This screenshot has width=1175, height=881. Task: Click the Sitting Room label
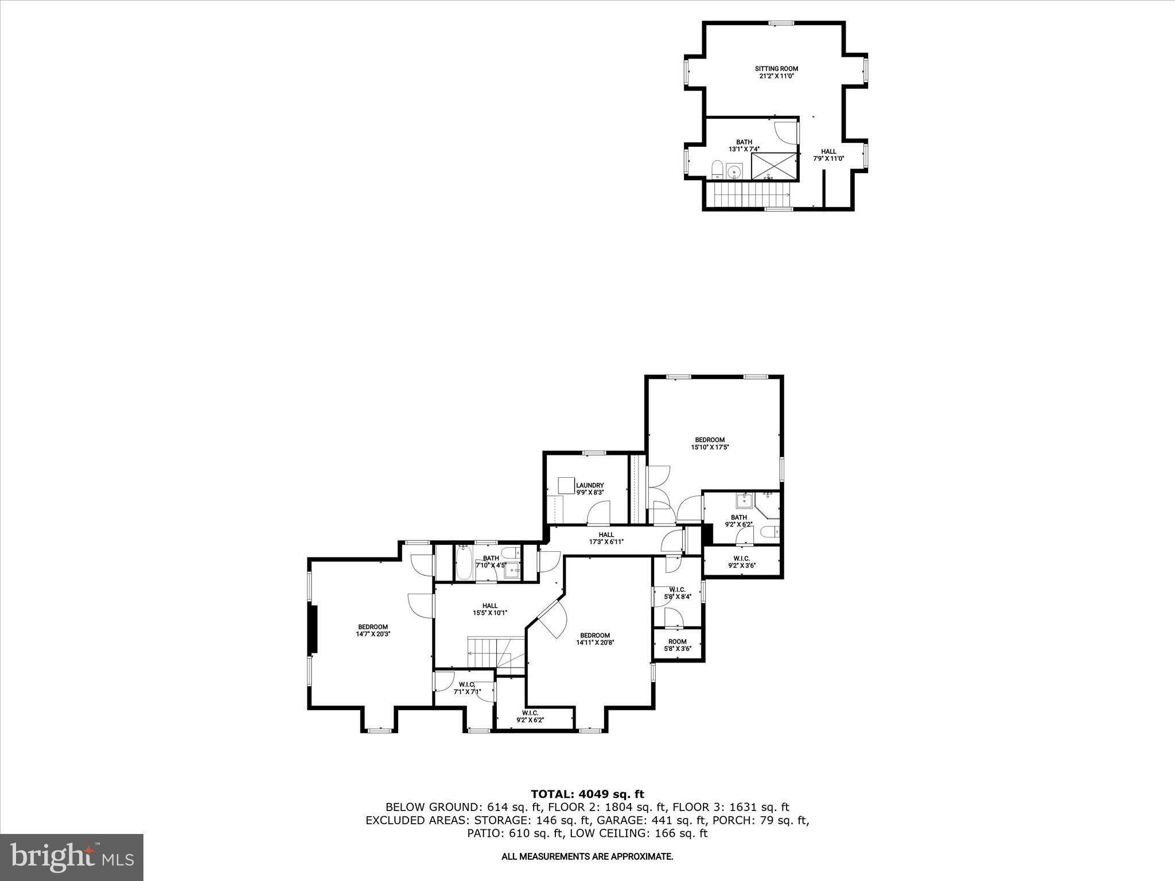click(x=776, y=72)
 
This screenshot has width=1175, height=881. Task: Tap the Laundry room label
click(x=590, y=489)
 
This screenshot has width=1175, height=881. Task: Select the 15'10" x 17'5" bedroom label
click(x=710, y=443)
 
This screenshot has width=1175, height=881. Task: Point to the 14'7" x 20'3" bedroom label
click(x=373, y=630)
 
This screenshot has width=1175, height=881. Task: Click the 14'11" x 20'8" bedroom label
click(x=594, y=639)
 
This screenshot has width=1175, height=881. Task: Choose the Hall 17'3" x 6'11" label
click(x=606, y=538)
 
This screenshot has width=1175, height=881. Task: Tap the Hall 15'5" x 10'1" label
click(x=489, y=609)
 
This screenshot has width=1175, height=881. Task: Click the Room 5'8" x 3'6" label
click(x=677, y=645)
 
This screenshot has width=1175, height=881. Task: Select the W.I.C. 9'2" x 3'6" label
click(x=741, y=562)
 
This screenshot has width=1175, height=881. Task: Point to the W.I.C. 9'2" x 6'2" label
click(x=530, y=716)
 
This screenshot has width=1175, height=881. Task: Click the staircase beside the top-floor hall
click(x=749, y=195)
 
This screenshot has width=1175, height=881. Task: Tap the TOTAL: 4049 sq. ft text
click(x=587, y=794)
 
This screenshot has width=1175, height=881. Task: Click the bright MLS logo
click(x=72, y=857)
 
